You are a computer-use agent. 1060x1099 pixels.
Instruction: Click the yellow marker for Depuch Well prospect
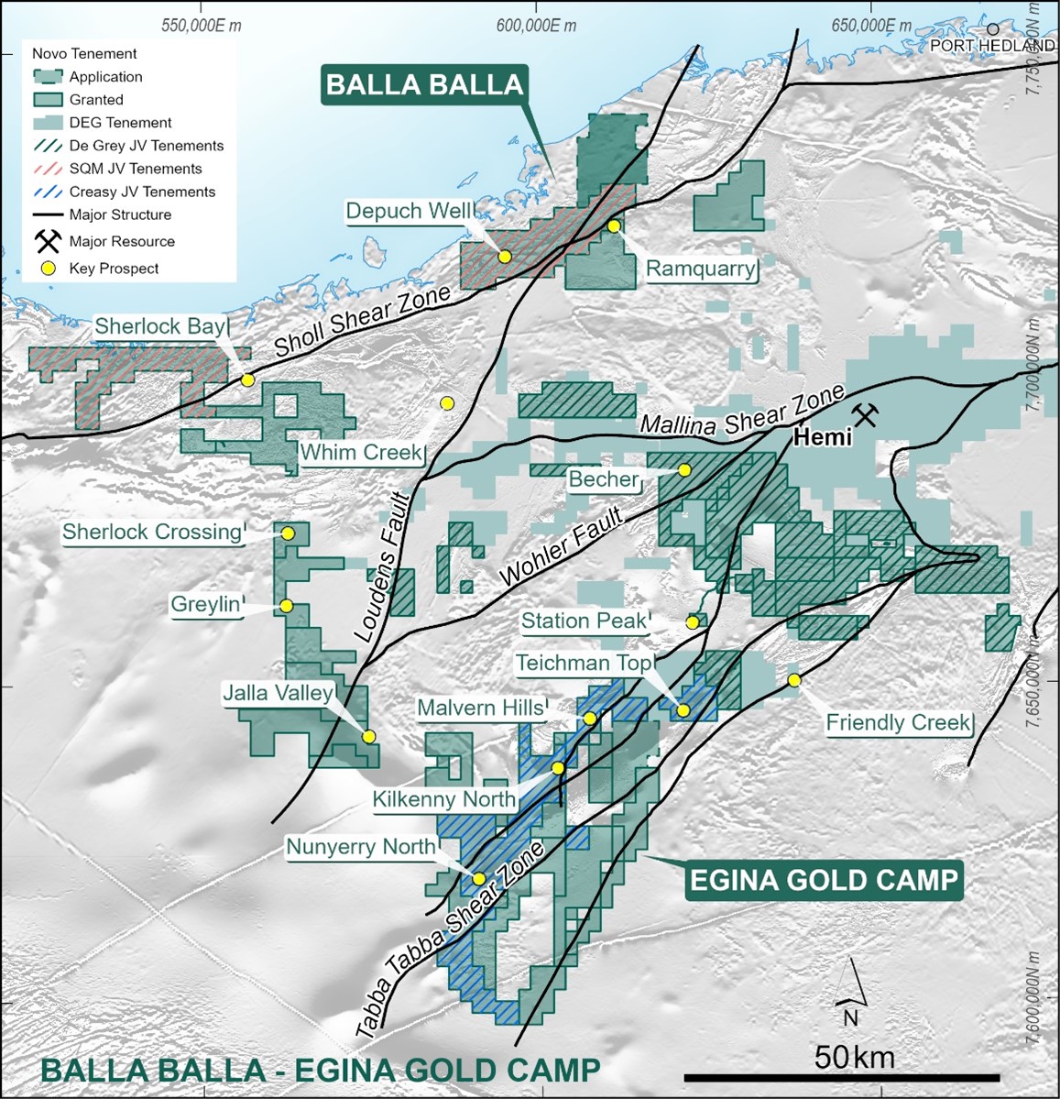click(x=504, y=257)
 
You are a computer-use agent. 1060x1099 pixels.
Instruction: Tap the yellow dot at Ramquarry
click(x=614, y=225)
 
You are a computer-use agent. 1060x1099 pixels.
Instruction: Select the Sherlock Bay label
click(x=160, y=326)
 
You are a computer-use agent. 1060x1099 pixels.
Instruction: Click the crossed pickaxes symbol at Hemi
click(x=865, y=415)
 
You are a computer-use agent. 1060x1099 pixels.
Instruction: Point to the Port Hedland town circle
click(x=992, y=29)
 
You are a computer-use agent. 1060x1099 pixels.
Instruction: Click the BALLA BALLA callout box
click(x=424, y=85)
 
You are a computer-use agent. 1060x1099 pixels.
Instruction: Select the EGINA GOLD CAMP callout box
click(x=824, y=880)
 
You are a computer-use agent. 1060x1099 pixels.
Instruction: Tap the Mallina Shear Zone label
click(x=741, y=412)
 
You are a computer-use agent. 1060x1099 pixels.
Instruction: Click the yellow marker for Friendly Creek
click(x=794, y=680)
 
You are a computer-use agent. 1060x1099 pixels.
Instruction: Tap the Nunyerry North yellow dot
click(x=478, y=878)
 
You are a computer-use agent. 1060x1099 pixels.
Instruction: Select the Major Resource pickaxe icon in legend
click(x=48, y=241)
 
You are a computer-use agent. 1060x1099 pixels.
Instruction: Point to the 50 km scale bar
click(x=841, y=1078)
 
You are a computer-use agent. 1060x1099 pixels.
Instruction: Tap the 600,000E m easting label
click(x=537, y=26)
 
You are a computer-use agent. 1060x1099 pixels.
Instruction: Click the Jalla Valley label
click(x=279, y=693)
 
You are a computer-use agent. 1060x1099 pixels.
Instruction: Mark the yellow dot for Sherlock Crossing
click(x=288, y=533)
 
